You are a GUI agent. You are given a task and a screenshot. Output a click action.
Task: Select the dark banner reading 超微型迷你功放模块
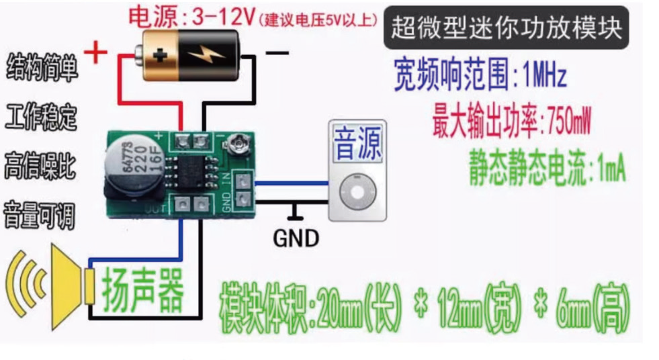pos(507,28)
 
